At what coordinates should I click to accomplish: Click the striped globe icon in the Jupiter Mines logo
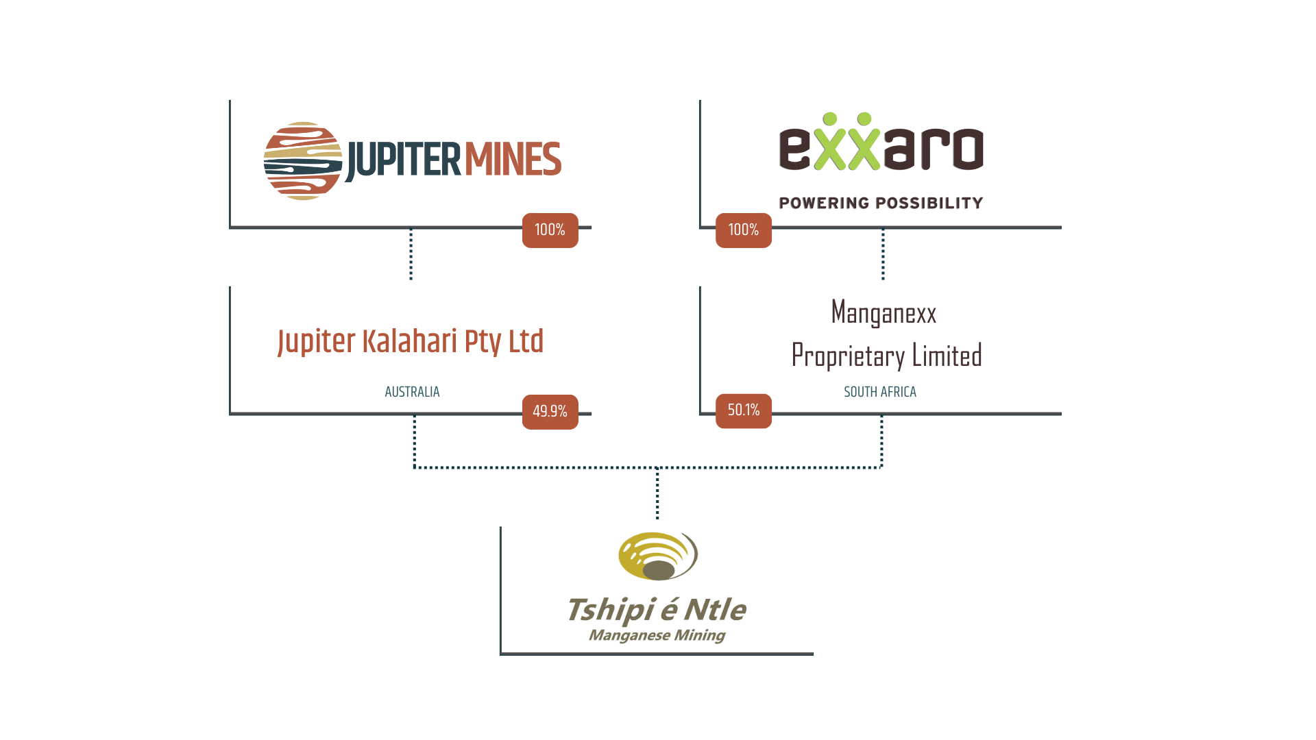point(302,161)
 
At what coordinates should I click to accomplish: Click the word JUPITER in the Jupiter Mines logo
point(403,160)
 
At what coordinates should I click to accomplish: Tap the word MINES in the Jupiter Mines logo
point(513,160)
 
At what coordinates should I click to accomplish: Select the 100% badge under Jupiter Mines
point(550,230)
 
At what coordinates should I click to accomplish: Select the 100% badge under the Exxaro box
point(744,230)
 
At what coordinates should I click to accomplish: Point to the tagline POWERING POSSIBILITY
point(881,203)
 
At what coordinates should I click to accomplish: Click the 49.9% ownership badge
point(550,412)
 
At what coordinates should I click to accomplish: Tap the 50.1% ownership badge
point(744,410)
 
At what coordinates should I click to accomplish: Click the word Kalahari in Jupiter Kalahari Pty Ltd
point(409,341)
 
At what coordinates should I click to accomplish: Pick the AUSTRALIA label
point(412,392)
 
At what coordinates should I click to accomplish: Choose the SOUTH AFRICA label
point(880,392)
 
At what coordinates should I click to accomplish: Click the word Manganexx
point(884,313)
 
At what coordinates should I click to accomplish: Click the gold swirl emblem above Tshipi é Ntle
point(658,556)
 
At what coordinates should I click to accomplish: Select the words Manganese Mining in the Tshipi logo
point(657,635)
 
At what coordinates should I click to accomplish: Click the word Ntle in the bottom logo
point(715,610)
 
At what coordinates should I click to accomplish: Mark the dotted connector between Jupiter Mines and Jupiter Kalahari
point(411,255)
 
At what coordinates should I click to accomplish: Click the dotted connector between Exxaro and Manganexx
point(883,255)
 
